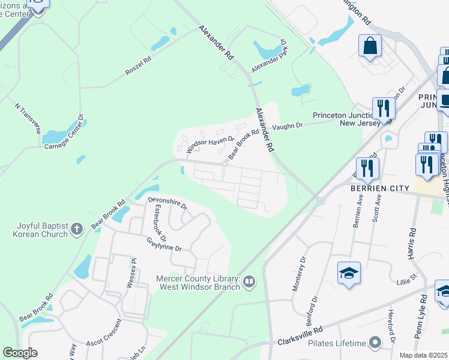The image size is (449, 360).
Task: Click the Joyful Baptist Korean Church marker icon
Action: (x=76, y=229)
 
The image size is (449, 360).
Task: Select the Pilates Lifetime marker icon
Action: (x=376, y=343)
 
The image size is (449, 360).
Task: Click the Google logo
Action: (x=20, y=353)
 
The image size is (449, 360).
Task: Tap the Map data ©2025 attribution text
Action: (x=424, y=355)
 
